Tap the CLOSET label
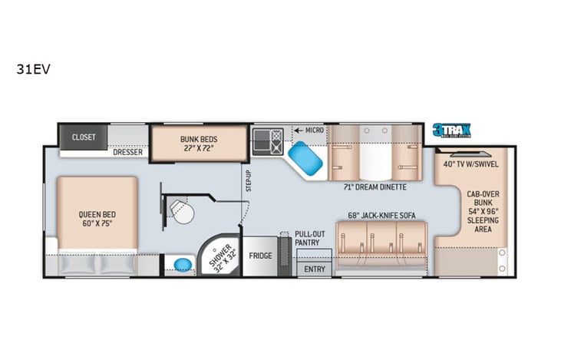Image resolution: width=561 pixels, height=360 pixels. (x=84, y=137)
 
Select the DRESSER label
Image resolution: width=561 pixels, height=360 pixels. (x=129, y=152)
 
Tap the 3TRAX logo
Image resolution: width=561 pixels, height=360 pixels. (x=450, y=130)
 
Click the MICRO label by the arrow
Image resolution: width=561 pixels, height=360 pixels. (x=314, y=130)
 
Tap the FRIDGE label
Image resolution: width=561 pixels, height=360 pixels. (x=259, y=255)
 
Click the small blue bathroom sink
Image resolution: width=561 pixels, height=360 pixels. (x=182, y=266)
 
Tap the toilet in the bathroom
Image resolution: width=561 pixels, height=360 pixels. (x=182, y=212)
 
